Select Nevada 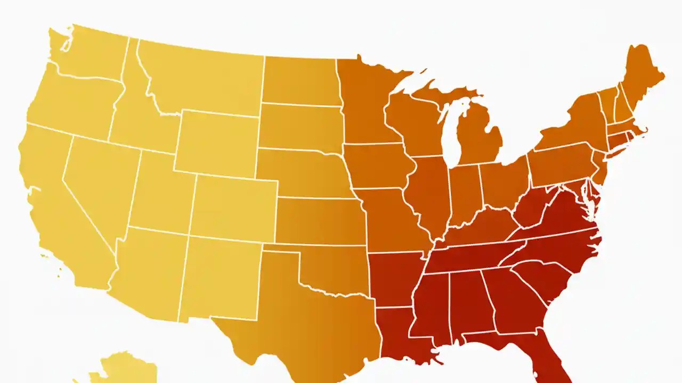click(x=99, y=181)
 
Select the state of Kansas click(x=320, y=221)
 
